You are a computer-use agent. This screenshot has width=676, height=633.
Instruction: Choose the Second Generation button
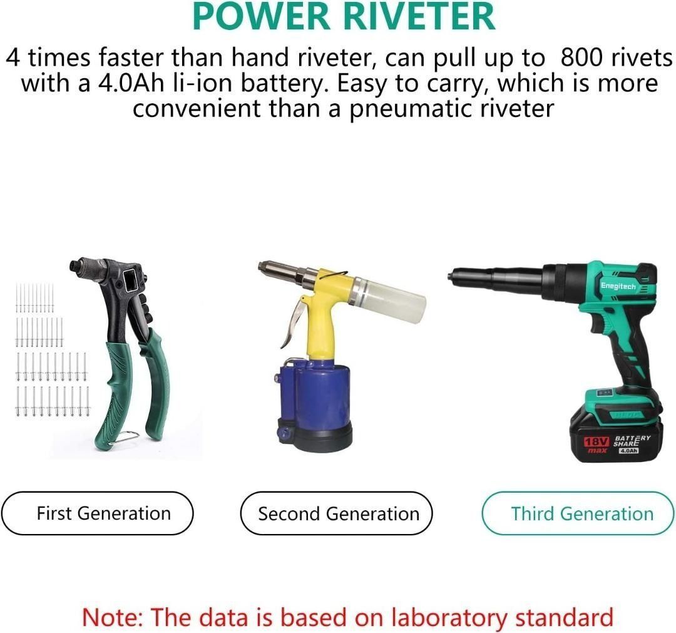[x=338, y=513]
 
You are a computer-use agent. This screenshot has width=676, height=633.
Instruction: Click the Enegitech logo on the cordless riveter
[x=618, y=286]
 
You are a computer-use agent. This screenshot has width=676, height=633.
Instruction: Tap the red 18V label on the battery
[x=597, y=442]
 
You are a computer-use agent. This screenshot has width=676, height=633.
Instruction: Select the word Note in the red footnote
[x=110, y=617]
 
